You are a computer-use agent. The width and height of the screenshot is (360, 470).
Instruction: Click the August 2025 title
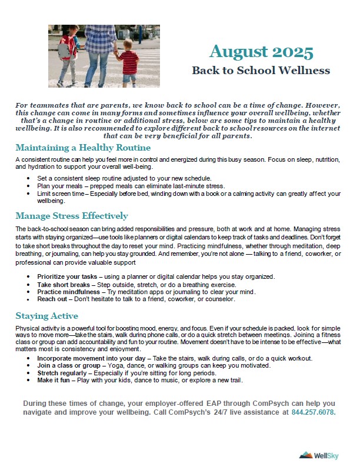click(261, 52)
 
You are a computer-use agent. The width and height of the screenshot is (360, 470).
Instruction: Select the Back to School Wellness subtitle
click(261, 71)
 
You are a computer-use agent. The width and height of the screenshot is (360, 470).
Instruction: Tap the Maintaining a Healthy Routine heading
click(83, 148)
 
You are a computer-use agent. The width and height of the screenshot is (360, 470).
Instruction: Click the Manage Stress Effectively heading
click(71, 216)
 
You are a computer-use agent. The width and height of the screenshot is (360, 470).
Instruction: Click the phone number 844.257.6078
click(314, 413)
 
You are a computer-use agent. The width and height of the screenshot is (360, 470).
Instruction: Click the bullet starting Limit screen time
click(176, 193)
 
